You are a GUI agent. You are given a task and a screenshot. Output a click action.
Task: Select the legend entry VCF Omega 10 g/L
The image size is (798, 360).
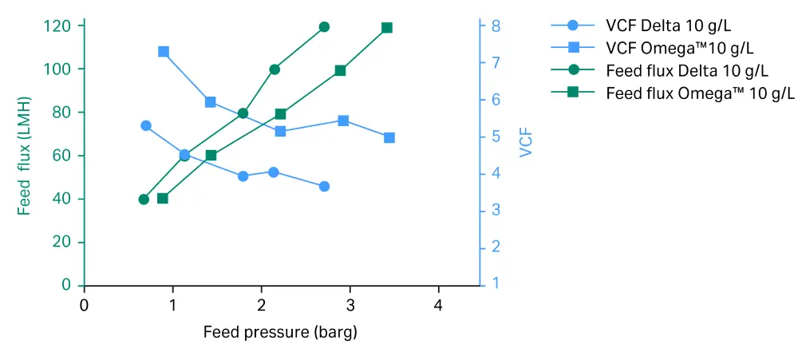click(x=679, y=48)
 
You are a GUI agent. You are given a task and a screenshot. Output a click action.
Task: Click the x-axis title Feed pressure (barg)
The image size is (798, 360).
click(x=280, y=331)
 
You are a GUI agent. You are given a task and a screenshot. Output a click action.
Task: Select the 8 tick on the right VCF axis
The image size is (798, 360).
click(x=495, y=26)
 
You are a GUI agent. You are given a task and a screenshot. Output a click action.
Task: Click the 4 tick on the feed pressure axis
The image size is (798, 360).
click(x=438, y=305)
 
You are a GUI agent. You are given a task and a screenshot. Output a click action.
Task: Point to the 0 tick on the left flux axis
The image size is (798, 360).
click(x=67, y=285)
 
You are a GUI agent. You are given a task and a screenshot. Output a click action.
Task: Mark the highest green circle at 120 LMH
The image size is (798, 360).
click(x=324, y=27)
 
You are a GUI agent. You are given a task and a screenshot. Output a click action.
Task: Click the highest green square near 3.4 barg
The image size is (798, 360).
click(x=387, y=28)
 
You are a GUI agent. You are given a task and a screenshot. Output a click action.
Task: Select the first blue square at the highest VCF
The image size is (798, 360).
click(x=164, y=52)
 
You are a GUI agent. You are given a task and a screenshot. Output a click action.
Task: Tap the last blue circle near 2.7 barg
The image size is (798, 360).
click(x=324, y=186)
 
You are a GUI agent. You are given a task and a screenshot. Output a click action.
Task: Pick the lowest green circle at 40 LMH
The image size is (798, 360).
click(x=144, y=200)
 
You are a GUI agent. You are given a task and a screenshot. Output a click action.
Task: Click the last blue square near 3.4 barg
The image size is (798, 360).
click(x=389, y=138)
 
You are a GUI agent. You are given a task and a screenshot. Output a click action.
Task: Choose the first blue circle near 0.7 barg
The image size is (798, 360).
click(x=146, y=125)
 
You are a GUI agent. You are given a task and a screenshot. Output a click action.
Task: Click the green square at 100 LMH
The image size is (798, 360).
click(x=340, y=70)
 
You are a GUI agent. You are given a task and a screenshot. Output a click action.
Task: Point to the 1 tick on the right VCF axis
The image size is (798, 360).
click(x=495, y=284)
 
